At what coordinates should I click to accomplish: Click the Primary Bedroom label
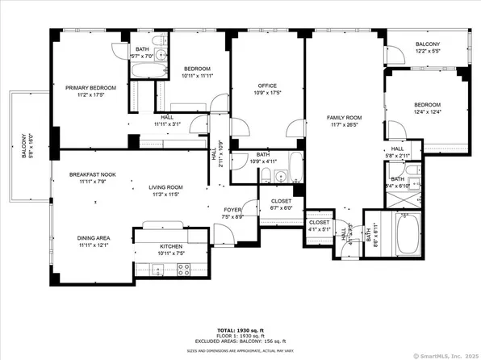point(90,87)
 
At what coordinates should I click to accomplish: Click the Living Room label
point(167,188)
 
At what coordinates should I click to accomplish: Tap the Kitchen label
point(170,246)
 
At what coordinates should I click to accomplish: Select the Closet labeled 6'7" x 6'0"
point(281,202)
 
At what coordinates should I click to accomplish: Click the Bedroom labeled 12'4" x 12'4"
point(427,105)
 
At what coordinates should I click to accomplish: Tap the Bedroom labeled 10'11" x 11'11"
point(197,69)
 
